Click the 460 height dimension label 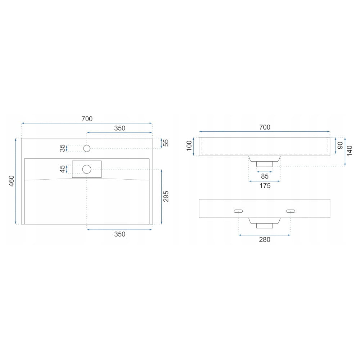point(11,181)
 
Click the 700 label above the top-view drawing point(87,119)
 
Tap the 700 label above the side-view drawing point(265,127)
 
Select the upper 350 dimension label point(120,128)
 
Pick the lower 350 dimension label point(120,234)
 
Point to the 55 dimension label point(166,143)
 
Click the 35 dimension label point(62,148)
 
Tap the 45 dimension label point(62,169)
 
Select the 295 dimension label point(166,196)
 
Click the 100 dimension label point(189,146)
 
